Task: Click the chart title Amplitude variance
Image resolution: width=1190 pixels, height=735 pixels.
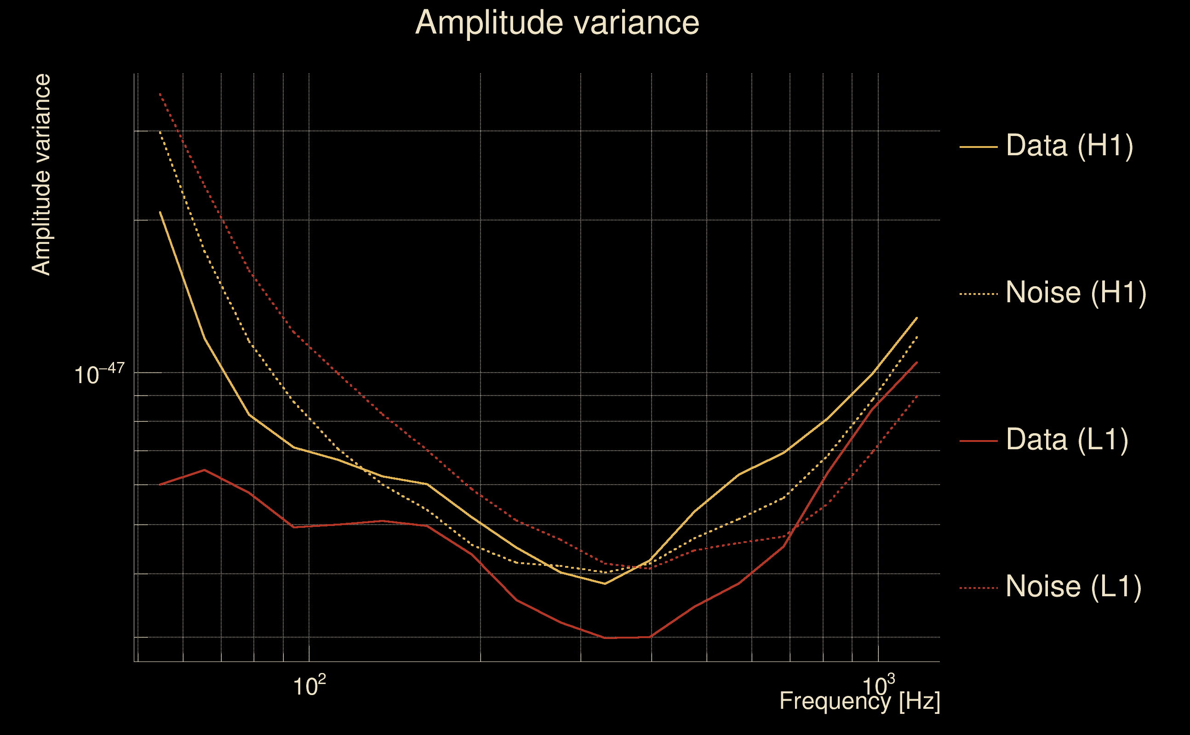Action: pos(557,23)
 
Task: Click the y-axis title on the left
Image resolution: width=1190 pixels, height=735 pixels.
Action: pos(41,175)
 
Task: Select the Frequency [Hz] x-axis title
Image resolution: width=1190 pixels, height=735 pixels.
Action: pos(859,701)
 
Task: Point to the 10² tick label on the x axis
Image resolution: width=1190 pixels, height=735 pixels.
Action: pos(309,686)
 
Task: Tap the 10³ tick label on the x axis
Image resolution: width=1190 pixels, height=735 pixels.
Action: pos(878,686)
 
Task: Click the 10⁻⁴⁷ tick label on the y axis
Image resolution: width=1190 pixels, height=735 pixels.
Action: pos(99,374)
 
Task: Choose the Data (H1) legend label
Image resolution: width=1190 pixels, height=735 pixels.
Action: pos(1070,145)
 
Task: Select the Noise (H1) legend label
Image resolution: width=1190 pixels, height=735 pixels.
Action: pos(1076,293)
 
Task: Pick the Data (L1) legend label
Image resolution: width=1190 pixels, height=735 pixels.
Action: pos(1067,440)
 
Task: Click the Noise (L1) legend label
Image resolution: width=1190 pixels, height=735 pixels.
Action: pos(1073,587)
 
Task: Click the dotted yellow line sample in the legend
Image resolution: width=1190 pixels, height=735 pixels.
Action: pos(978,294)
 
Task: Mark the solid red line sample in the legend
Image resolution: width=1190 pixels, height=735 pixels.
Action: pos(978,441)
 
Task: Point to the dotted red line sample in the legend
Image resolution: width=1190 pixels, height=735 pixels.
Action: pos(978,588)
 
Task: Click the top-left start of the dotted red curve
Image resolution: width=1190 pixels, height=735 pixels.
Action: pos(160,93)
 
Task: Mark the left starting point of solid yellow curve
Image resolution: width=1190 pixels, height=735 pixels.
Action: pos(160,212)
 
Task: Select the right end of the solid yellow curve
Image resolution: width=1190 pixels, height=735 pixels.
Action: pos(917,317)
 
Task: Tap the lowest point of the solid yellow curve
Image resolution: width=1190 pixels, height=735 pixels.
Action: pos(605,583)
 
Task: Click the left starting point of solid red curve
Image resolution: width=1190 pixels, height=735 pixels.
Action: pos(160,485)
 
